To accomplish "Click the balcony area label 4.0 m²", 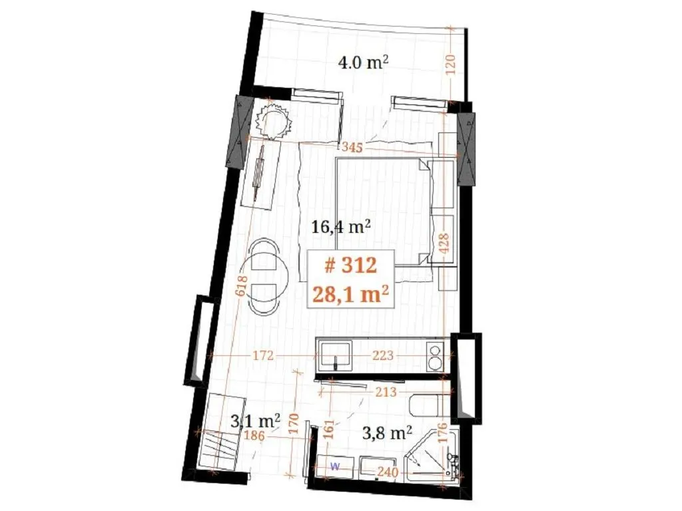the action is (x=363, y=63).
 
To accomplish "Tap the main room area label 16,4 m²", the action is (x=342, y=226).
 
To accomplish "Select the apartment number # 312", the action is (x=350, y=265).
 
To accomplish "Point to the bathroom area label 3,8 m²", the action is (x=387, y=432).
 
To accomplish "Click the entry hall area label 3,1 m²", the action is (x=255, y=421).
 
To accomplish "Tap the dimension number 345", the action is (x=352, y=147).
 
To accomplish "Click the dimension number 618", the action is (x=242, y=286).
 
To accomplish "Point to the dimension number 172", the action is (x=264, y=356).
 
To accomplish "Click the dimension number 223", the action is (x=383, y=356).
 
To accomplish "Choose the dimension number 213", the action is (x=386, y=392).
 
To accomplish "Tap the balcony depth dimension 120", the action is (x=451, y=65).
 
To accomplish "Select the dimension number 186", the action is (x=254, y=435).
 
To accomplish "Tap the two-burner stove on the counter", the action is (x=434, y=356).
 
